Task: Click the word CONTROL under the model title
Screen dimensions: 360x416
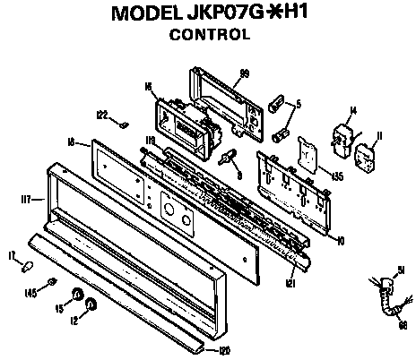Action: (x=208, y=37)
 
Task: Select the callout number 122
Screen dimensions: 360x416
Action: (x=102, y=115)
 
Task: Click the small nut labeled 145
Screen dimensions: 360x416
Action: (x=52, y=283)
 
